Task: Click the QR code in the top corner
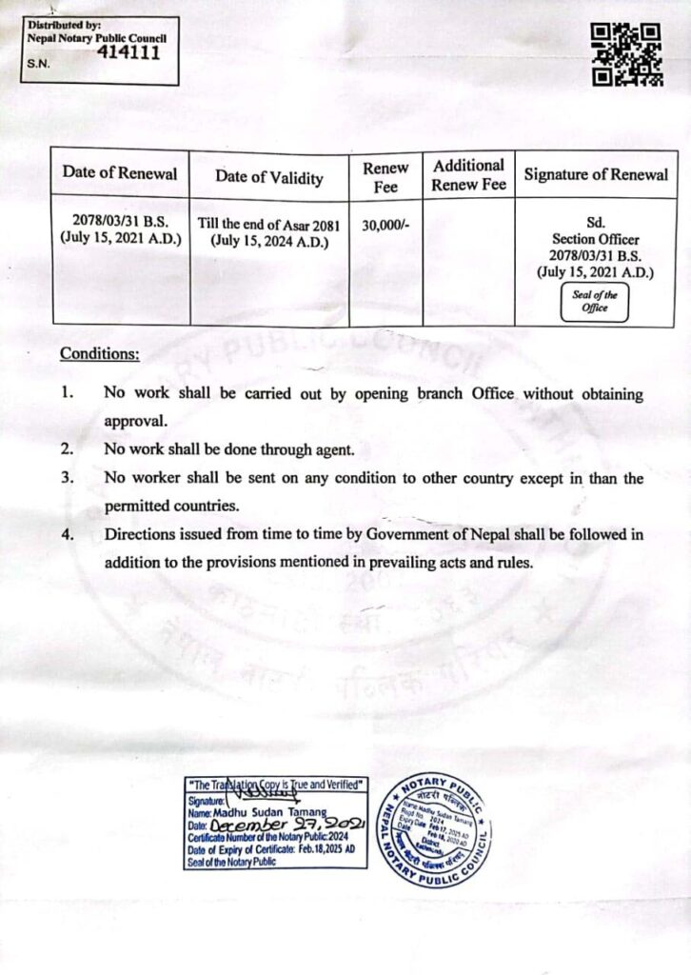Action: click(626, 55)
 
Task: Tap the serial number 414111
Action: click(128, 52)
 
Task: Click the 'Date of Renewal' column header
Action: click(120, 173)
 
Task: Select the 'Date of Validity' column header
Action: click(268, 177)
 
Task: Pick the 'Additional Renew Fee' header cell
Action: click(468, 175)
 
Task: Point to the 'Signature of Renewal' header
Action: click(596, 174)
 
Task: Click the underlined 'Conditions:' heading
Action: click(100, 354)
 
